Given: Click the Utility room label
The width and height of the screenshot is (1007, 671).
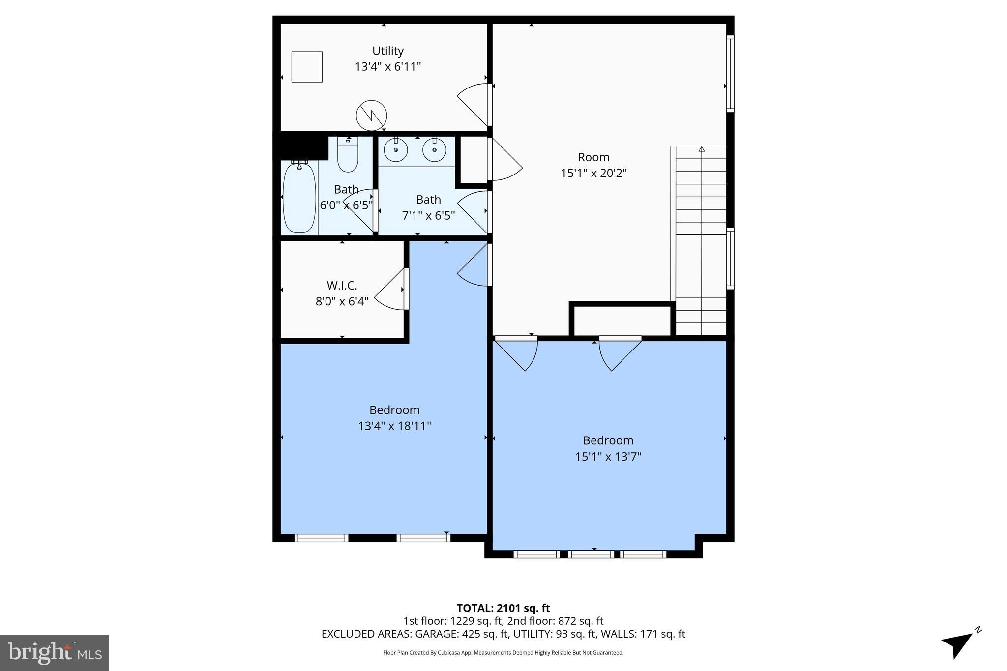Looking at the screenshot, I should coord(387,51).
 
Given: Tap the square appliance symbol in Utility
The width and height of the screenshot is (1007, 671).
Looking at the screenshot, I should coord(307,67).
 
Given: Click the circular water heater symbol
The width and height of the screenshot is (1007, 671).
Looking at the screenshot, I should coord(371,116).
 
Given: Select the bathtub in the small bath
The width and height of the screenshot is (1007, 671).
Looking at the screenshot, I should coord(299,198).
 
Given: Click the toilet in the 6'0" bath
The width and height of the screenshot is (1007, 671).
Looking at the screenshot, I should coord(348,154).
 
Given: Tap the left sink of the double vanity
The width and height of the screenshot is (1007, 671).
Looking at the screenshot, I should coord(396,149).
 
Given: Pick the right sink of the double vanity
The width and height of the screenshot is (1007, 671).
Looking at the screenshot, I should coord(434,149).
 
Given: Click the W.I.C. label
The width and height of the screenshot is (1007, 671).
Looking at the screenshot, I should coord(342,286).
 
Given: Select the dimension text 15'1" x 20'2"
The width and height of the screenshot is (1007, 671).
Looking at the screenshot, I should coord(593,173).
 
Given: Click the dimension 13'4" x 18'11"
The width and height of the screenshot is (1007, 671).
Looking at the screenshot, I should coord(394,426).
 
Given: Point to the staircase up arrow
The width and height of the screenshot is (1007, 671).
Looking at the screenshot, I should coord(702,149).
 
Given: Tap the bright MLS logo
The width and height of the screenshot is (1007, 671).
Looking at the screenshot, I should coord(55,653).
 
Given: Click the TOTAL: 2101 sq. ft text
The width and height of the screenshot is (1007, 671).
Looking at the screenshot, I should coord(503,608).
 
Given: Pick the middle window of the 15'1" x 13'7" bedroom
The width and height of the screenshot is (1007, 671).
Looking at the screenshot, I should coord(591,554).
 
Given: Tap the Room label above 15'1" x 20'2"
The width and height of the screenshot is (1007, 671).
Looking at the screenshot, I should coord(593,157).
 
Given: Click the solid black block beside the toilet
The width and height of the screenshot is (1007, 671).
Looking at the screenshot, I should coord(301,146).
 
